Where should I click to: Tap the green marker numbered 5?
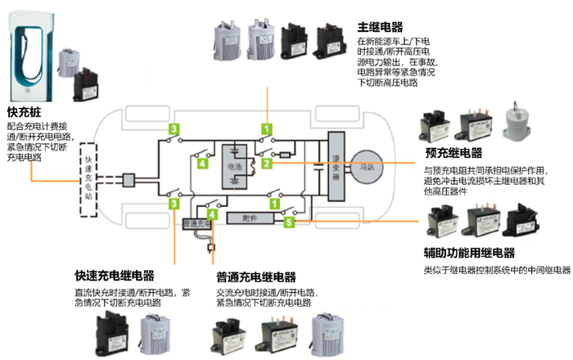[289, 221]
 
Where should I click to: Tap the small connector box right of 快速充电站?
[128, 178]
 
